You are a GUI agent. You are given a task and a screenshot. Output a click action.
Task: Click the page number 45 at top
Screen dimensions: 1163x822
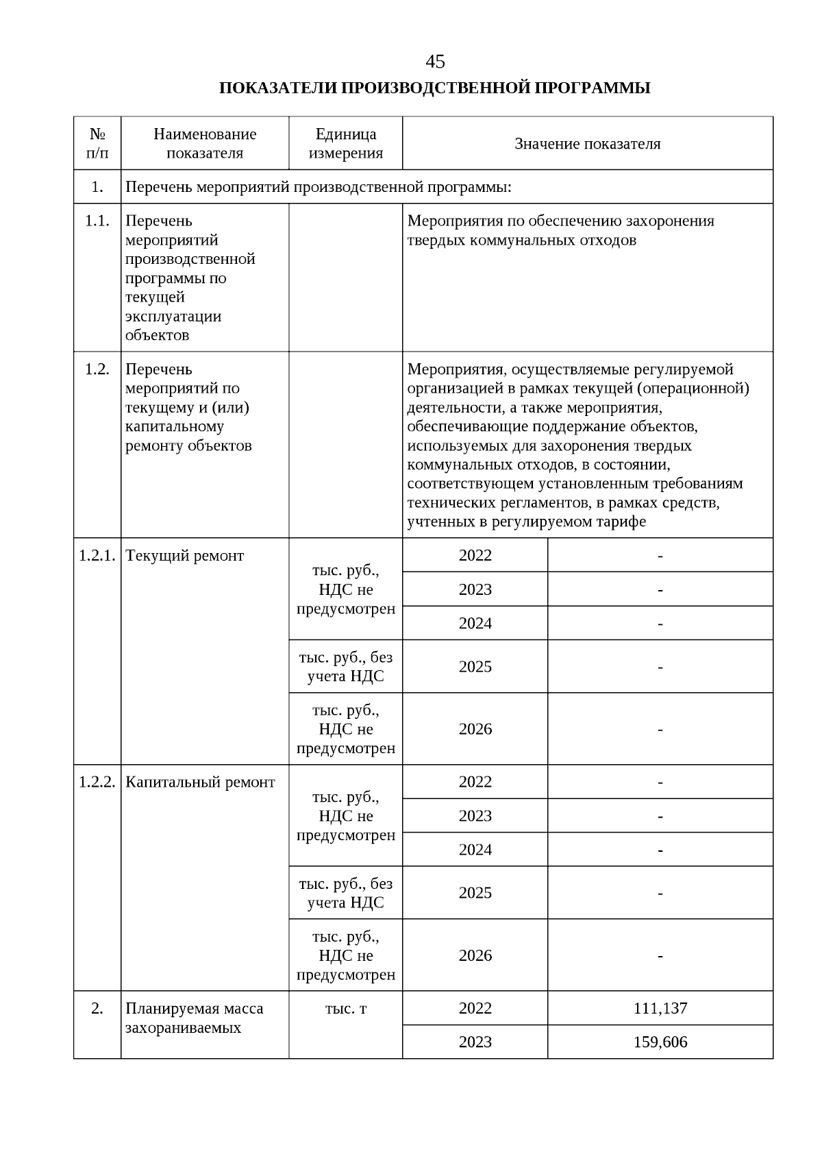pos(435,62)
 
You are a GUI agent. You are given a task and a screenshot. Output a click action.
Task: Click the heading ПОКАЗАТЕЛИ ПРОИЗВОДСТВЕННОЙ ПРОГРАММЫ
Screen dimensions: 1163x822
pos(434,88)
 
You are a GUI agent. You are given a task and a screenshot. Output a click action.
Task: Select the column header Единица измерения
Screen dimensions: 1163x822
pos(345,144)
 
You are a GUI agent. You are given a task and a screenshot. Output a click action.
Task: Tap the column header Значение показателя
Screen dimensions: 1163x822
pos(587,144)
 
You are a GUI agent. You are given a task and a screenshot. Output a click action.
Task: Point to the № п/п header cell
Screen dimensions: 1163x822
pos(97,144)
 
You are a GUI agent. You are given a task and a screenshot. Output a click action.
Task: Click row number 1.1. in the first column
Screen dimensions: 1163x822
pos(97,221)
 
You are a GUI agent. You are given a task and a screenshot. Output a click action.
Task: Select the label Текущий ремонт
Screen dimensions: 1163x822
pos(185,556)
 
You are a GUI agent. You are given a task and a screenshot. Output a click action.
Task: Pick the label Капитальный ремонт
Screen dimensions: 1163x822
pos(200,783)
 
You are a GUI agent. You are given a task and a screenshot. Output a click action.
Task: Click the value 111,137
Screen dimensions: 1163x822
pos(660,1009)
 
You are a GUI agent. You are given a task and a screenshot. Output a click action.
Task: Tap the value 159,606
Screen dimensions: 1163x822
pos(660,1042)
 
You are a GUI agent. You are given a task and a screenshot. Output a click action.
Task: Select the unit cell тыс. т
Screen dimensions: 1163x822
pos(345,1009)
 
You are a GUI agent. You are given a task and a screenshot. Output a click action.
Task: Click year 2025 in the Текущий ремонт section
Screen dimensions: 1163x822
pos(475,667)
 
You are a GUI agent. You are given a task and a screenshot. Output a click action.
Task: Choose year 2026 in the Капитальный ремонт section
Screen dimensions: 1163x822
pos(475,956)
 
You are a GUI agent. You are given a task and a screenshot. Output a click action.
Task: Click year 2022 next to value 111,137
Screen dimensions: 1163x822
pos(475,1009)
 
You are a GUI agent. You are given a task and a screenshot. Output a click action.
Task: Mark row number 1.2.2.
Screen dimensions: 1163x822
pos(97,783)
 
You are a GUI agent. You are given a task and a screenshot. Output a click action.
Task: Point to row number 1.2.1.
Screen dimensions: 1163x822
pos(97,556)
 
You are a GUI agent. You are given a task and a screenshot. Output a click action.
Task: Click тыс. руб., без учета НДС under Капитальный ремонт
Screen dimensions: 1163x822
pos(345,893)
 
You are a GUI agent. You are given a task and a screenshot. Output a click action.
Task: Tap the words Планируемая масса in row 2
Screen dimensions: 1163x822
pos(194,1009)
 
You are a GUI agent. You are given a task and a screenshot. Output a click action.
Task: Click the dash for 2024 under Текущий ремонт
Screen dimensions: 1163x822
pos(660,624)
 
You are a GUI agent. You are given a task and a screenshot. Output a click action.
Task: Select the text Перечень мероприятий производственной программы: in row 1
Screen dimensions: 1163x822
pos(319,187)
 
